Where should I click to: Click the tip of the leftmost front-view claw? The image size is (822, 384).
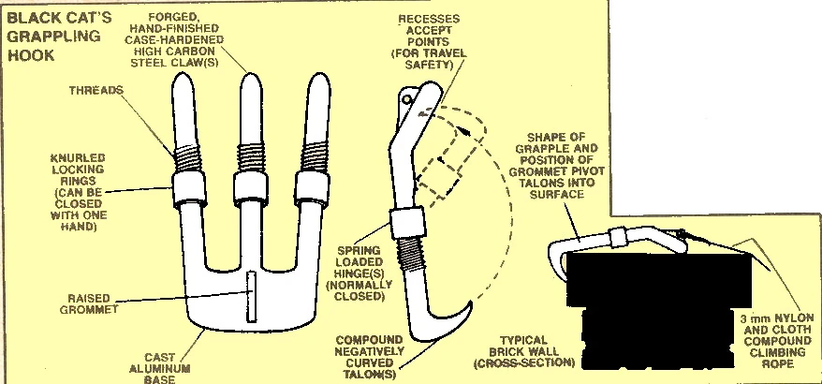[185, 81]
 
